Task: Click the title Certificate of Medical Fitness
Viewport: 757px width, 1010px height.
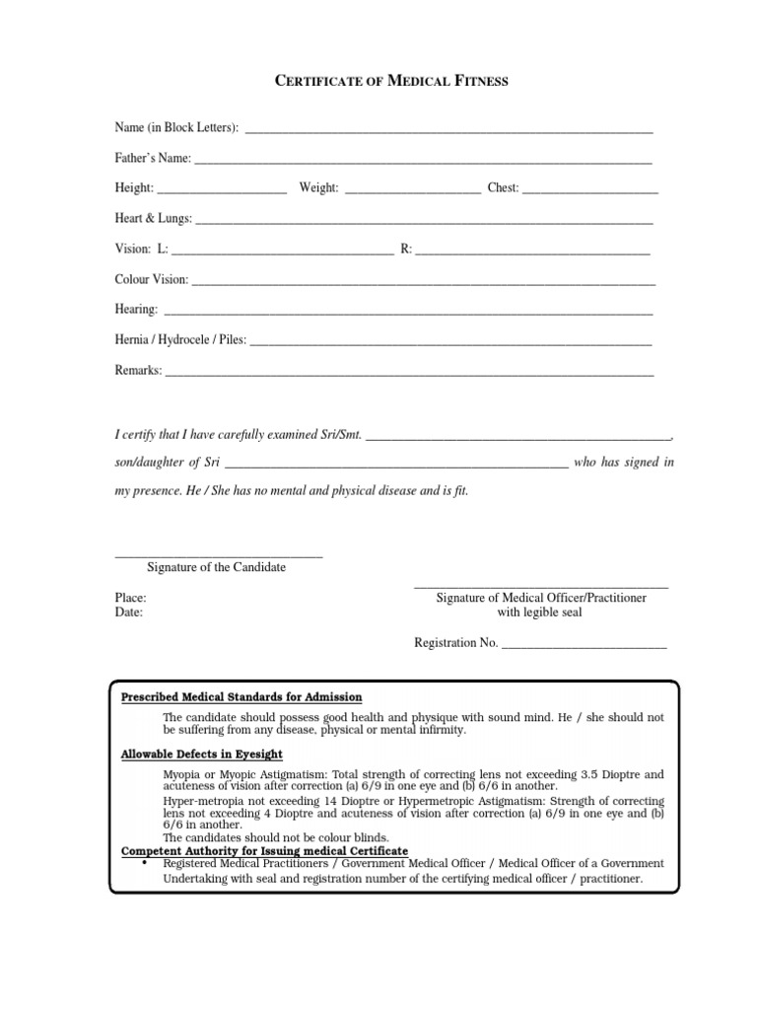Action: click(390, 81)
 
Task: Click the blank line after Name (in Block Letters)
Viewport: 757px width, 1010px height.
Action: click(448, 130)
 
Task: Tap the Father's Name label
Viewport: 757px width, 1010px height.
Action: click(152, 158)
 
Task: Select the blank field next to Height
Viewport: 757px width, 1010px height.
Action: click(222, 188)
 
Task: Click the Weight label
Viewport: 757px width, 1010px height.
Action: click(319, 187)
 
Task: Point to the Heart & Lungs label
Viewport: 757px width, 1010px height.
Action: click(153, 218)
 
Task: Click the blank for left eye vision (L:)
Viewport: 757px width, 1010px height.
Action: click(283, 250)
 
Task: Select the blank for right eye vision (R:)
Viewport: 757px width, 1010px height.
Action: click(533, 250)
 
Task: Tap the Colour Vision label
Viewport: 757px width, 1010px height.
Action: click(151, 279)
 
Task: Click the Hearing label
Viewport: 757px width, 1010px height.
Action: click(136, 310)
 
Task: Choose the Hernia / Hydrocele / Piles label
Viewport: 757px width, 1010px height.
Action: click(180, 340)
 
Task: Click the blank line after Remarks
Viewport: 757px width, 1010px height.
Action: click(409, 372)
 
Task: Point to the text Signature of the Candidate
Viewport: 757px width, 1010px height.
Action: click(216, 567)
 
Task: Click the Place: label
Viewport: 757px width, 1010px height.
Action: click(131, 598)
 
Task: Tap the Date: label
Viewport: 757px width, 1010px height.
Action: click(129, 612)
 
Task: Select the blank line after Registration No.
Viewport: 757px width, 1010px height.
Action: click(585, 645)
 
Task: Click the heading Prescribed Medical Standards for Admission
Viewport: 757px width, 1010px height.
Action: click(241, 696)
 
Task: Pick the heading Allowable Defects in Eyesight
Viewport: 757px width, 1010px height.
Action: click(202, 755)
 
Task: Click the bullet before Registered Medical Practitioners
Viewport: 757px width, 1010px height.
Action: click(145, 861)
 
